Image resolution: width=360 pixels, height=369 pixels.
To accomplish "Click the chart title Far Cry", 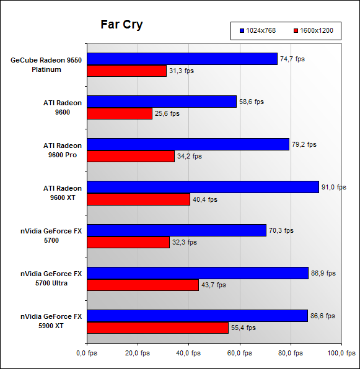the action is coord(121,25).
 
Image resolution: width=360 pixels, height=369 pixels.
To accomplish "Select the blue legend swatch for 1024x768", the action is coord(242,30).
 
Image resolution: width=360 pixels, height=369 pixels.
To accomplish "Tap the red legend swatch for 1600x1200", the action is coord(296,30).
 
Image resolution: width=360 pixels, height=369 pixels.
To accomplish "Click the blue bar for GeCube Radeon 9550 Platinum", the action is coord(182,59).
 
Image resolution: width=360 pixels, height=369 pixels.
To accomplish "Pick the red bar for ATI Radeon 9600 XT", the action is coord(138,199).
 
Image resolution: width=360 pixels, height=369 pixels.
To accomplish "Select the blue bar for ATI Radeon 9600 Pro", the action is coord(188,144).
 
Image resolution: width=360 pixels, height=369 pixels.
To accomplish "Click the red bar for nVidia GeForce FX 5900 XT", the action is coord(158,328).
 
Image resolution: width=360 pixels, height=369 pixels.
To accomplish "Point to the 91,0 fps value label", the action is coord(334,188).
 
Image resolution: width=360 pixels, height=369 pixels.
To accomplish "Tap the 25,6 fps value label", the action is coord(167,113).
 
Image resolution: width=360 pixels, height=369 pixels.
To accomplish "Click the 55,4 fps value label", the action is coord(244,328).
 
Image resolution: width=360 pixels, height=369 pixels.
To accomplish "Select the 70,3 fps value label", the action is coord(281,230).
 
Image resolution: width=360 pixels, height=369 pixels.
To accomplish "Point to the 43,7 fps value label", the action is coord(214,285).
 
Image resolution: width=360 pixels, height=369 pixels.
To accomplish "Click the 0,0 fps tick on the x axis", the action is coord(87,353).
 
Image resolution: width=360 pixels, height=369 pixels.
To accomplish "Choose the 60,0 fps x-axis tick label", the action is coord(239,353).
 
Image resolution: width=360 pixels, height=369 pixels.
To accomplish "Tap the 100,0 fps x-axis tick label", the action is coord(341,353).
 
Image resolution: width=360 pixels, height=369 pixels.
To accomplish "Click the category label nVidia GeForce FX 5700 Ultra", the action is coord(51,279).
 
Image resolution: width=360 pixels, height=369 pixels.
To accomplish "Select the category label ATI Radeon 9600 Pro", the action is coord(63,150).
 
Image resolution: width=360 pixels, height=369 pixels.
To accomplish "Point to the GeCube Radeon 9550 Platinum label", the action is coord(46,65).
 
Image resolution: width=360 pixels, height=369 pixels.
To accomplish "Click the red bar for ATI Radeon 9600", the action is coord(120,113).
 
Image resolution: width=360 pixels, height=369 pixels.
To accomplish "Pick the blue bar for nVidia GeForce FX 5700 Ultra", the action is coord(198,273).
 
